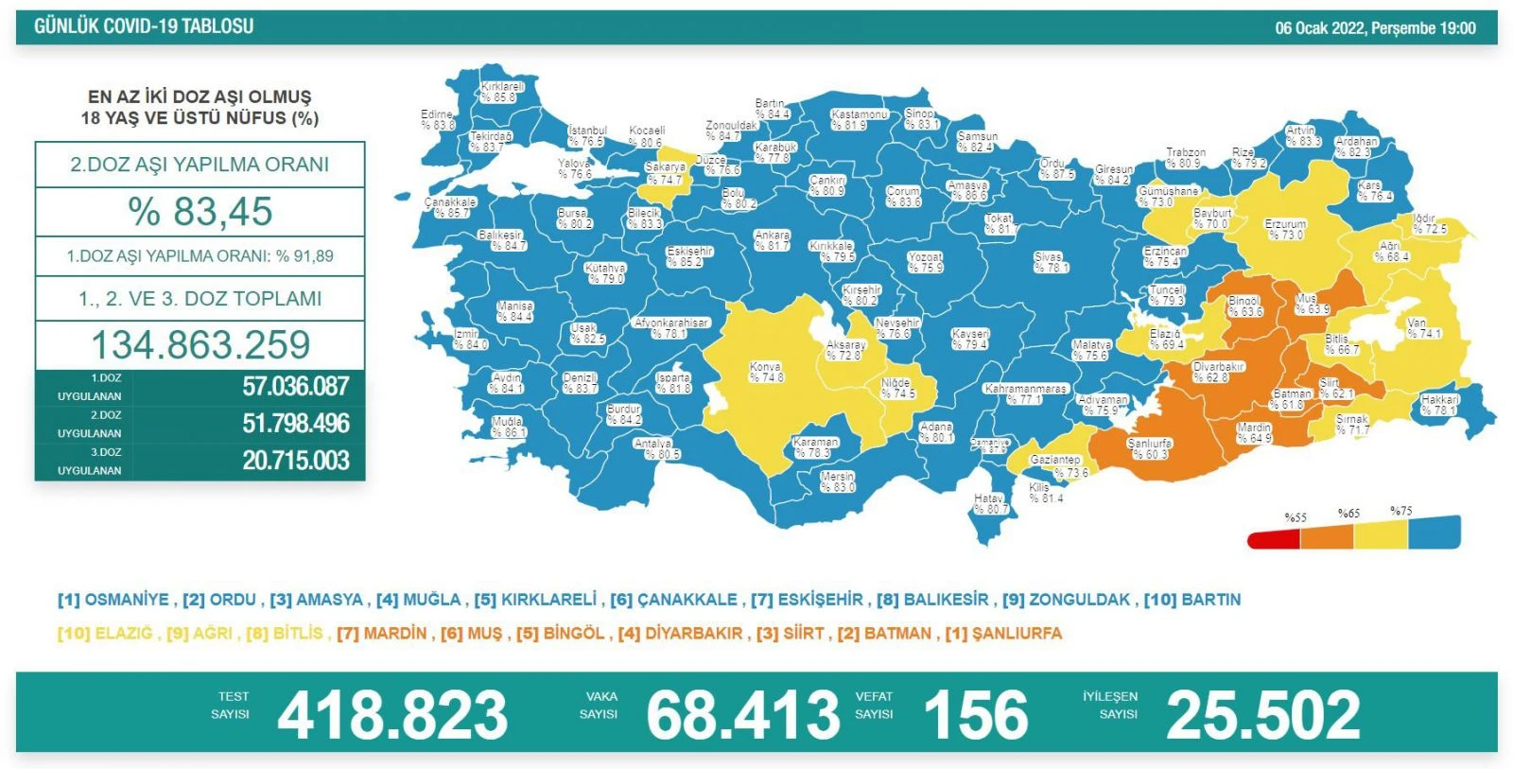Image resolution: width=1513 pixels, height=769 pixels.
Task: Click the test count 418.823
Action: click(x=392, y=715)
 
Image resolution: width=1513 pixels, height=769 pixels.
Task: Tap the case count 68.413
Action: click(x=743, y=715)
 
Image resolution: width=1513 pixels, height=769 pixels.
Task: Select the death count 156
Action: click(x=975, y=715)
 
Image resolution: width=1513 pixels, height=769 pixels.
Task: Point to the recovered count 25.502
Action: click(x=1263, y=715)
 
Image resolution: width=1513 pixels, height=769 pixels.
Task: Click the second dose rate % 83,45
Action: click(x=200, y=212)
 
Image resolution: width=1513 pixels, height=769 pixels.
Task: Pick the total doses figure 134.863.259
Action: click(x=200, y=344)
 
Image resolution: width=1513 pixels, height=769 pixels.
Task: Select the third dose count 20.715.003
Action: click(x=295, y=461)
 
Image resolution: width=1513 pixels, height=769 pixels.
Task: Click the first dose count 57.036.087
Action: click(x=295, y=387)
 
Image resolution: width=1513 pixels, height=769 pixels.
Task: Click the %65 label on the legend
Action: click(x=1348, y=514)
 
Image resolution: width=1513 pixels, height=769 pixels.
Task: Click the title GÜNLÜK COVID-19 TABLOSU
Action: click(x=144, y=26)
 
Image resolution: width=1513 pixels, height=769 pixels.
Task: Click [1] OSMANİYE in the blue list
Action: click(x=113, y=600)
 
